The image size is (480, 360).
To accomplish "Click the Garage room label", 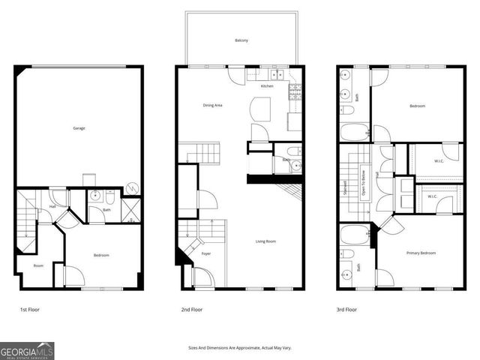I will (79, 128).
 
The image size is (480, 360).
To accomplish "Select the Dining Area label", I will (213, 105).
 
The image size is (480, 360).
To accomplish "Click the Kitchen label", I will (267, 86).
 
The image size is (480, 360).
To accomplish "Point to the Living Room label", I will (265, 241).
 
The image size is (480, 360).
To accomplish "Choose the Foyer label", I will (206, 254).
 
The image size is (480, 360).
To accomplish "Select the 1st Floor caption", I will (29, 309).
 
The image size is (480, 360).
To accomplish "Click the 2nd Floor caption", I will (191, 309).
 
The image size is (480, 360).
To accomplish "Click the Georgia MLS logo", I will (27, 350).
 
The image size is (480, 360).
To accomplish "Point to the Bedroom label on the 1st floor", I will (101, 256).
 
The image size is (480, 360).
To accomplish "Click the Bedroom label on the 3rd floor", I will (417, 106).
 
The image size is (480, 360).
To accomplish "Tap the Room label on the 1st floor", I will (38, 265).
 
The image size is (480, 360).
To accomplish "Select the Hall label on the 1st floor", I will (52, 206).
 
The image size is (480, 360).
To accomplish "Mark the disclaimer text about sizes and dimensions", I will (240, 346).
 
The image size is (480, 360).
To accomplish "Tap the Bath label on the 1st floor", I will (106, 211).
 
